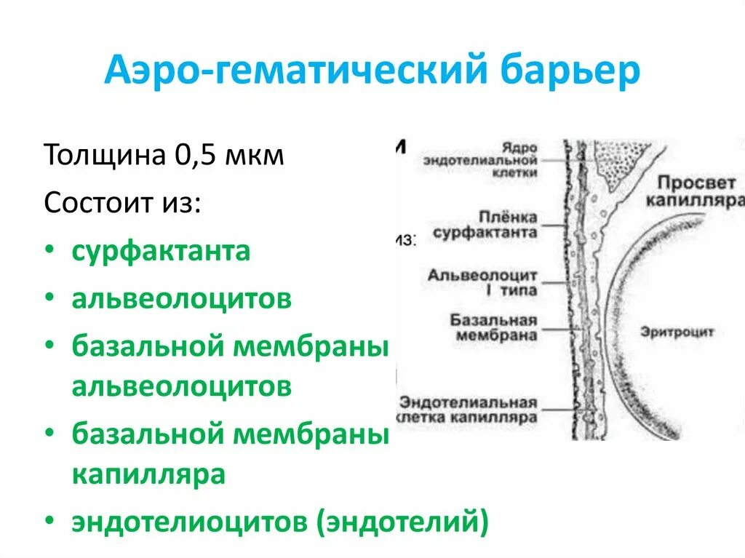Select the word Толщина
pos(103,156)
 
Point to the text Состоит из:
pos(122,202)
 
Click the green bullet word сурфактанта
pos(161,251)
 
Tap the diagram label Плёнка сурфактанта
pos(485,226)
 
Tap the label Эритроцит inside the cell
pos(677,332)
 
